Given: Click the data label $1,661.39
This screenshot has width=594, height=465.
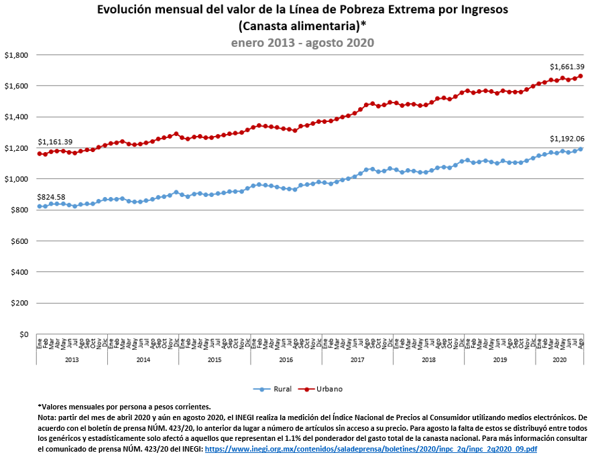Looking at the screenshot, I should (x=567, y=67).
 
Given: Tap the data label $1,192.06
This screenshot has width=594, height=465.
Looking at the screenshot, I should (x=567, y=139).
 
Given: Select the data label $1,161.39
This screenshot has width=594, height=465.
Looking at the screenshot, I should (x=55, y=142).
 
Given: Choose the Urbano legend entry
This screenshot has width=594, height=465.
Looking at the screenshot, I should (x=325, y=389).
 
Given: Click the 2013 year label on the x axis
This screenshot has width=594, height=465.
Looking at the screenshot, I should (x=71, y=360).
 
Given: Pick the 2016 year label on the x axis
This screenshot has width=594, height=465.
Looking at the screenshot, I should (x=286, y=360).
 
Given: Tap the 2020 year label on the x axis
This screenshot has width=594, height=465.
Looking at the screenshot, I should (x=558, y=360).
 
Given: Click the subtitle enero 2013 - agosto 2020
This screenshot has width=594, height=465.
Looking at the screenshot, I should (x=302, y=42).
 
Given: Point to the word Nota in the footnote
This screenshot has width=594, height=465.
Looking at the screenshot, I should (x=47, y=416).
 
